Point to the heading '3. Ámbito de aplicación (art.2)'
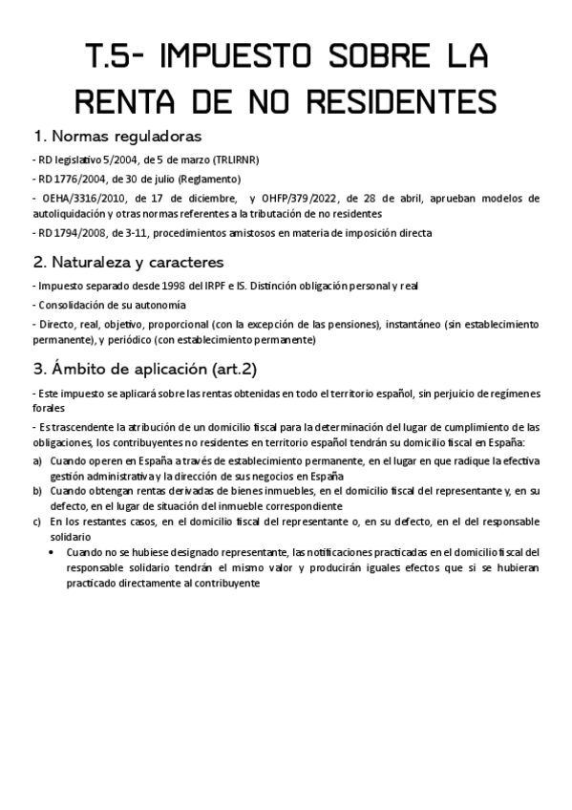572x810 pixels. pos(145,369)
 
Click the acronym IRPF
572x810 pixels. pos(227,286)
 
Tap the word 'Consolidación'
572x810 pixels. pos(74,305)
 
